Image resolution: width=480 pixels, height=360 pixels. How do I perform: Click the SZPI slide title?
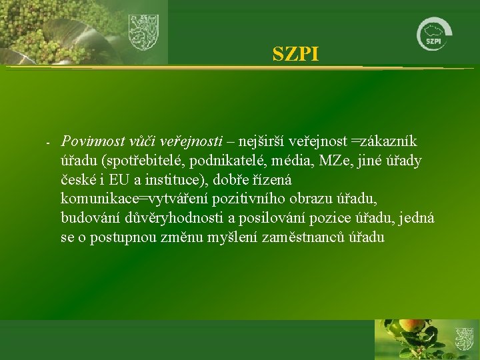(295, 54)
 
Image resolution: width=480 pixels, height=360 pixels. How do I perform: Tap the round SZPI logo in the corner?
(433, 33)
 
